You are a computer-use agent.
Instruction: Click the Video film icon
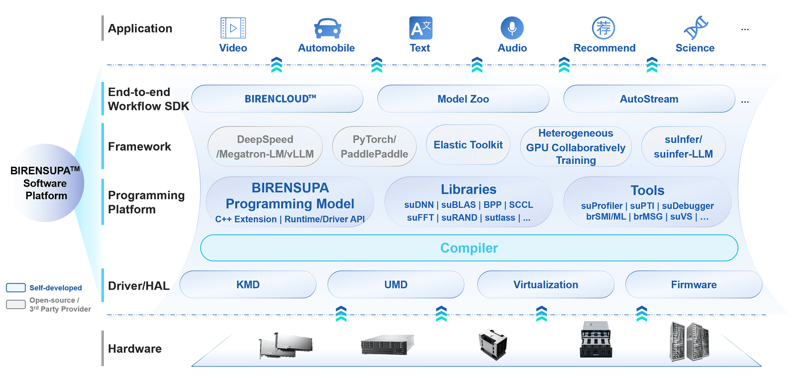tap(233, 28)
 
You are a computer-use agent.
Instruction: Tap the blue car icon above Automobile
tap(327, 28)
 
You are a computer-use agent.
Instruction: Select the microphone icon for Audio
tap(512, 28)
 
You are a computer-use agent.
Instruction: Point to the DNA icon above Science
tap(695, 28)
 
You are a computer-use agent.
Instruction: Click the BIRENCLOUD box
tap(277, 99)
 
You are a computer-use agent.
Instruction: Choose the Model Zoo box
tap(463, 99)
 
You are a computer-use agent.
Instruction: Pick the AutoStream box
tap(649, 99)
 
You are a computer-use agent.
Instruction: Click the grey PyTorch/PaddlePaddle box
tap(374, 146)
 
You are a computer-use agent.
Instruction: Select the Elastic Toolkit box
tap(468, 145)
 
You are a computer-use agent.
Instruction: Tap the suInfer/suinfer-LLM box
tap(683, 146)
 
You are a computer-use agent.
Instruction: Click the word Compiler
tap(469, 248)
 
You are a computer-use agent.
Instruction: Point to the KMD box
tap(248, 285)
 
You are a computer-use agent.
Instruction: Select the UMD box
tap(396, 285)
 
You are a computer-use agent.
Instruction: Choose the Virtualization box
tap(546, 285)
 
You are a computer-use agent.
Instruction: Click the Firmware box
tap(694, 285)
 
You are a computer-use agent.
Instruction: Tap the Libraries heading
tap(469, 189)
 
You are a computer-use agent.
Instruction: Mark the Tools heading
tap(647, 190)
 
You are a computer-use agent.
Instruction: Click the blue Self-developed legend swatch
tap(16, 288)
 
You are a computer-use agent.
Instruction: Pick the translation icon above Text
tap(421, 28)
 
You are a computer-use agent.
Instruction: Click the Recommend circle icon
tap(603, 28)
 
